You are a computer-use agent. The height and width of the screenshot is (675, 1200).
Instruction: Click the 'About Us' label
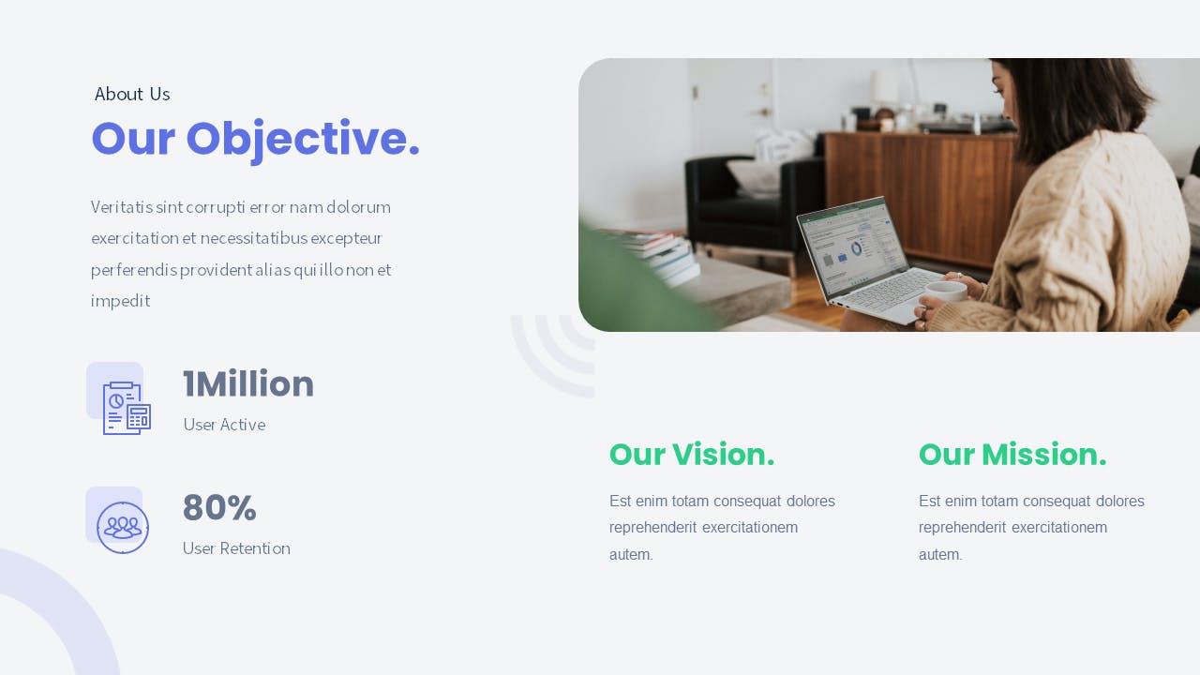(x=132, y=95)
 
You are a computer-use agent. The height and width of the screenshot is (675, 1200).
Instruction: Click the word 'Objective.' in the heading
(x=303, y=140)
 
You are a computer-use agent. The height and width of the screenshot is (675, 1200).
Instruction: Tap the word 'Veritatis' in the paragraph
(x=122, y=207)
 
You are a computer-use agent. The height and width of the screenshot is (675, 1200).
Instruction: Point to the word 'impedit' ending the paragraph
(x=121, y=301)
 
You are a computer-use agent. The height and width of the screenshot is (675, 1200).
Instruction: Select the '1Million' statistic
(x=248, y=383)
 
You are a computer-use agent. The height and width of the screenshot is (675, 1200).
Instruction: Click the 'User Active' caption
(x=224, y=425)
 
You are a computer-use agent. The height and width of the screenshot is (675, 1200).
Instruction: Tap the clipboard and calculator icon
(x=127, y=408)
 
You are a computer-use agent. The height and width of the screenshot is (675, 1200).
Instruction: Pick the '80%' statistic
(x=219, y=507)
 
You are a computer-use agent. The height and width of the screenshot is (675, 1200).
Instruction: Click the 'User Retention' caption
(x=236, y=548)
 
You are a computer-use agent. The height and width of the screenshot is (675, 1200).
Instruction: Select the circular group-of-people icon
(x=123, y=528)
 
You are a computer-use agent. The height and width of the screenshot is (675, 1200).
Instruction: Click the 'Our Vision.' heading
(x=692, y=455)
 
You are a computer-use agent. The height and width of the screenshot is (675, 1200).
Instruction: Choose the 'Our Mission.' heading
(x=1012, y=455)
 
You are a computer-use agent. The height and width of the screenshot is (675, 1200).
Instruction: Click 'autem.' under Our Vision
(x=631, y=554)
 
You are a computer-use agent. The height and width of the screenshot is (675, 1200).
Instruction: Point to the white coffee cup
(x=946, y=292)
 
